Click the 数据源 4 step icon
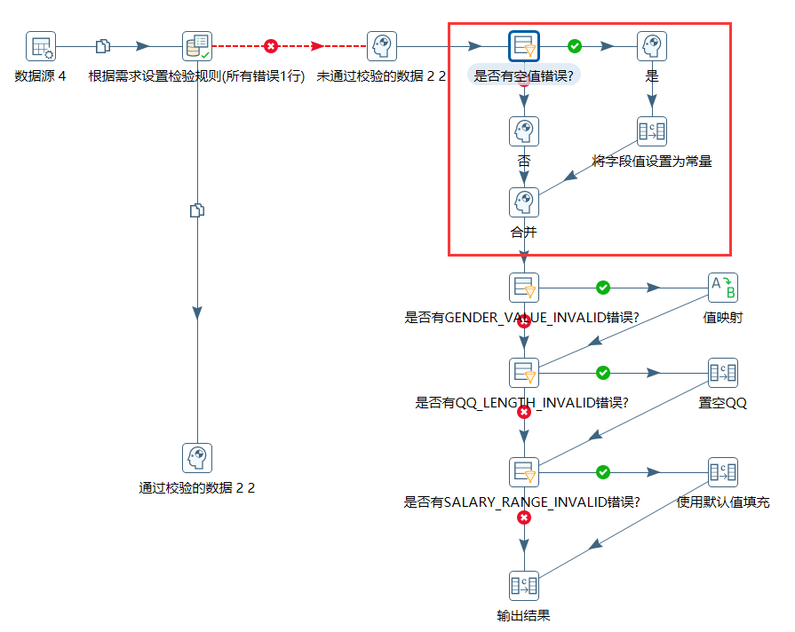tap(41, 46)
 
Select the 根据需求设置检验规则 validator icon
tap(197, 46)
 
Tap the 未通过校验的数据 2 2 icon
tap(382, 46)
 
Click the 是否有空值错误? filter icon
tap(524, 46)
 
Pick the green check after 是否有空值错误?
tap(575, 46)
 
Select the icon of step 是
tap(652, 46)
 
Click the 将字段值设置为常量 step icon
tap(652, 131)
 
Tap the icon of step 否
tap(524, 131)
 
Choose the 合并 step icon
tap(524, 202)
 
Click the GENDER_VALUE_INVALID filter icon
tap(524, 288)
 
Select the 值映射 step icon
tap(722, 288)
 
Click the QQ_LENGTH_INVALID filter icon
tap(524, 373)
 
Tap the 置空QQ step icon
tap(722, 373)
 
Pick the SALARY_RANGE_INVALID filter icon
tap(524, 472)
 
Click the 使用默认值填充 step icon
tap(722, 472)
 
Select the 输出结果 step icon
tap(524, 586)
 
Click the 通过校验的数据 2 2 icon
tap(197, 458)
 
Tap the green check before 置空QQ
tap(603, 373)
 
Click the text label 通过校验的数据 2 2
tap(197, 488)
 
